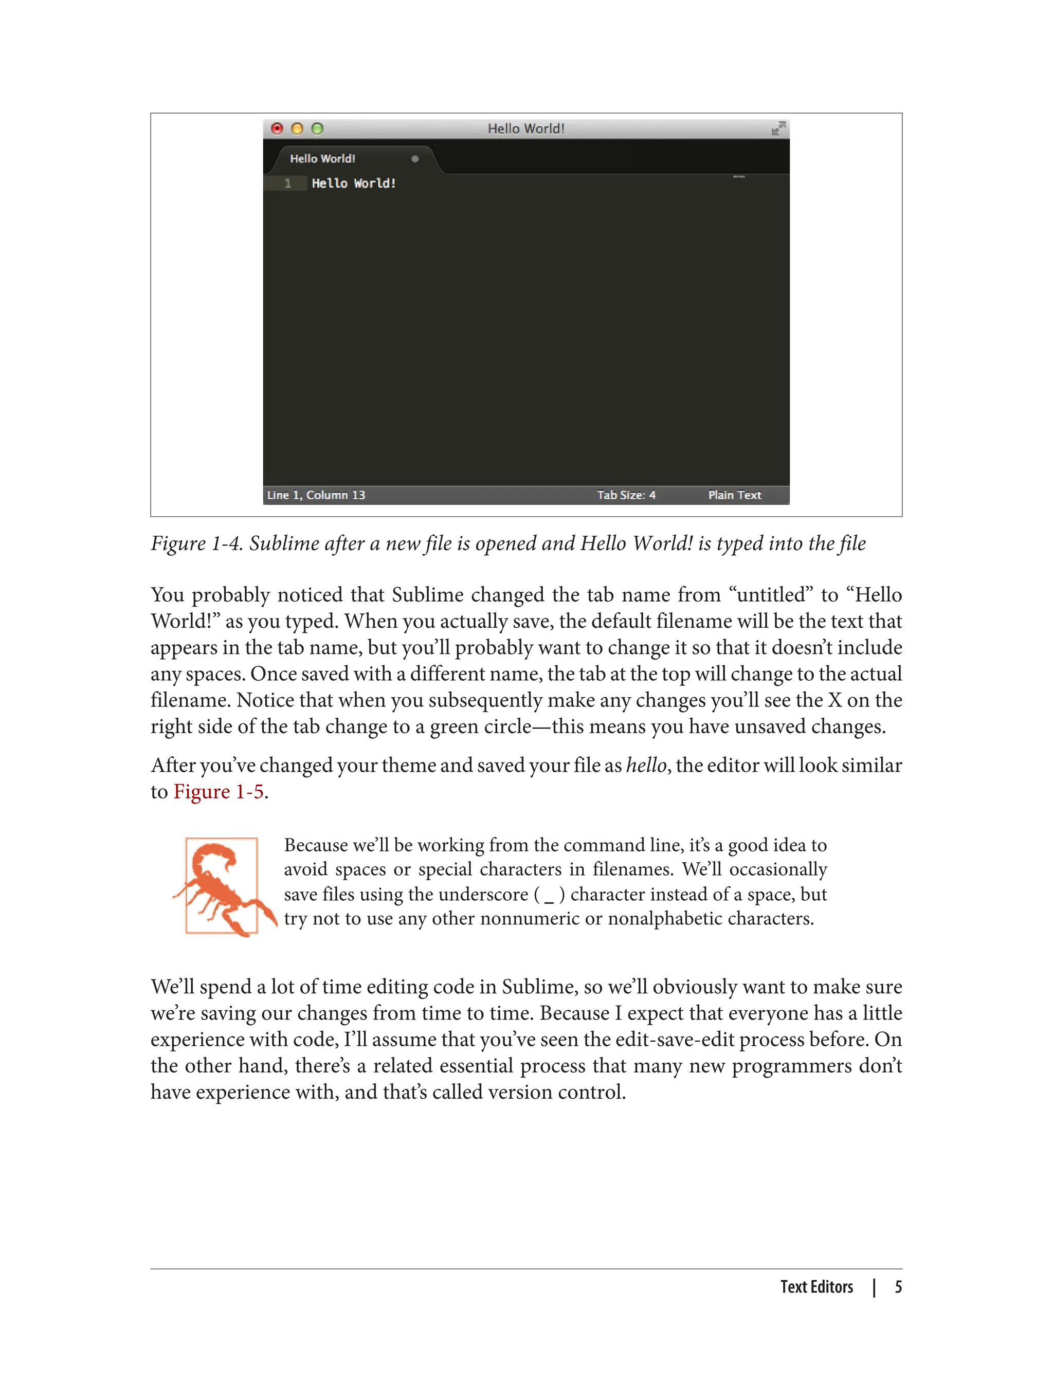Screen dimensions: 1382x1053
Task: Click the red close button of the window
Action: [x=277, y=129]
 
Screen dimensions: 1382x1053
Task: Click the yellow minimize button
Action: [x=297, y=129]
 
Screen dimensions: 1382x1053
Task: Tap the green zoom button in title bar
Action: [x=318, y=129]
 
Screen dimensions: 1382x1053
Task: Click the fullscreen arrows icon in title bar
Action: [x=778, y=129]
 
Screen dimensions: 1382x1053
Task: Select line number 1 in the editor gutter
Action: [x=288, y=184]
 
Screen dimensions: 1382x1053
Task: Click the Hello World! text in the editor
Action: [x=354, y=184]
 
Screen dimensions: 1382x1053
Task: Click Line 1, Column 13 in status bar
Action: [x=316, y=495]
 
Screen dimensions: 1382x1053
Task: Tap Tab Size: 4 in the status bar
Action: [x=626, y=495]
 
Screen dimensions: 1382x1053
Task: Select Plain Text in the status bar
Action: [x=735, y=495]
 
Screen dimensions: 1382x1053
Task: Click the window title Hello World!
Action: [x=526, y=129]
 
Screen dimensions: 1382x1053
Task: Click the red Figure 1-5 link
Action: [x=218, y=792]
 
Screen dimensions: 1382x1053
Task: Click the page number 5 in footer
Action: [x=898, y=1287]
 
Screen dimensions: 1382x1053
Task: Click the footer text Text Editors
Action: [x=816, y=1287]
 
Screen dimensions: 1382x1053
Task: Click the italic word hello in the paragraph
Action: [x=646, y=765]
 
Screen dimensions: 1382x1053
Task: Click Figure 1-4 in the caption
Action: [x=196, y=543]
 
